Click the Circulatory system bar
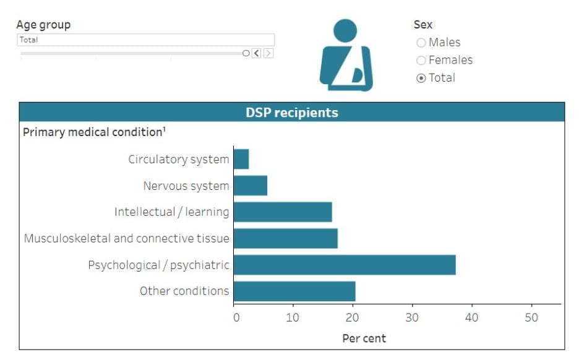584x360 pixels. (x=241, y=159)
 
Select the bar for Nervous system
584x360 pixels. (x=251, y=186)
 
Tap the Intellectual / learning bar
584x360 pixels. (x=283, y=212)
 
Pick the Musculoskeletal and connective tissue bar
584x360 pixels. (x=286, y=238)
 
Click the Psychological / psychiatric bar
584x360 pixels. (x=345, y=265)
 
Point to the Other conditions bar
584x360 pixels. (x=294, y=291)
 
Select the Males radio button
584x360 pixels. (x=421, y=43)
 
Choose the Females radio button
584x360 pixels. (x=421, y=60)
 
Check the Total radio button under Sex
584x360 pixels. (x=421, y=78)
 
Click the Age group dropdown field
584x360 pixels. (x=145, y=40)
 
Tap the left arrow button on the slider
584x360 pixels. (x=257, y=53)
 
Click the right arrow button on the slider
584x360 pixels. (x=268, y=53)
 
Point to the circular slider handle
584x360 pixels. (x=246, y=53)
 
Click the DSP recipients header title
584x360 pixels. (x=292, y=113)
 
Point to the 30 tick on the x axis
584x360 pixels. (x=412, y=317)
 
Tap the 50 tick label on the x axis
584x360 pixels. (x=531, y=317)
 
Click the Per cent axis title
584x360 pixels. (x=364, y=338)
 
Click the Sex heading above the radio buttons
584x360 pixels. (x=423, y=25)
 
